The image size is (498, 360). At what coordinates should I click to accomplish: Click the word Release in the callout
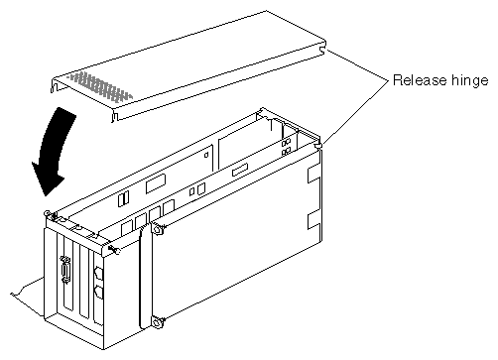pos(419,80)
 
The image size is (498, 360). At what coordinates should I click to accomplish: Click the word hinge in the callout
pos(469,81)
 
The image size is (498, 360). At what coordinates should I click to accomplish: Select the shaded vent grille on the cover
pos(100,85)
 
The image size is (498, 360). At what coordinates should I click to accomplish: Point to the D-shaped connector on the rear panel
pos(65,270)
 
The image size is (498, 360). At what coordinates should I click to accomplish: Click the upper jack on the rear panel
pos(98,274)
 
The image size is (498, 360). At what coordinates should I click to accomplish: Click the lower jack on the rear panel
pos(98,293)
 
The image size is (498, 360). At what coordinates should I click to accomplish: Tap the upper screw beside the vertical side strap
pos(157,229)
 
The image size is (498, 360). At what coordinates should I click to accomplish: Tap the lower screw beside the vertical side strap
pos(158,321)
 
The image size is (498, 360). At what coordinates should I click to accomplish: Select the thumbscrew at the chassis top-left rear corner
pos(48,213)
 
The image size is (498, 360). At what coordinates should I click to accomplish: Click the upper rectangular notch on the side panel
pos(313,175)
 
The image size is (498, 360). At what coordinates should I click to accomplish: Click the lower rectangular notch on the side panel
pos(313,221)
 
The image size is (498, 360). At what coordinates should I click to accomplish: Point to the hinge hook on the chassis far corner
pos(318,145)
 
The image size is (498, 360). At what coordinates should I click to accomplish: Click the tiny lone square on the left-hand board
pos(206,155)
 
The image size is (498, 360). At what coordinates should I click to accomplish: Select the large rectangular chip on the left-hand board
pos(156,183)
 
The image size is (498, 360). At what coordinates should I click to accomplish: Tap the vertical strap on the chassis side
pos(145,277)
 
